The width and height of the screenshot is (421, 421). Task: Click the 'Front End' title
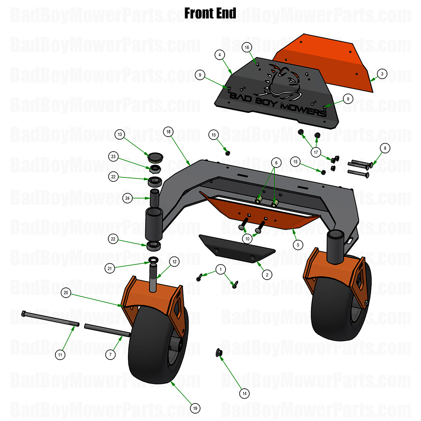(x=210, y=13)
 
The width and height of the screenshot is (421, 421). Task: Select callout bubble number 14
(x=244, y=393)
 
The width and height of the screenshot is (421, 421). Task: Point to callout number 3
(x=381, y=74)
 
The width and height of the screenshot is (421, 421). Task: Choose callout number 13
(x=120, y=134)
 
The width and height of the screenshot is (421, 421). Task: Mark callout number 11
(x=61, y=355)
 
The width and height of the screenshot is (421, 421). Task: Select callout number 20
(x=66, y=293)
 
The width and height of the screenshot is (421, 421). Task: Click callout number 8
(x=385, y=148)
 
